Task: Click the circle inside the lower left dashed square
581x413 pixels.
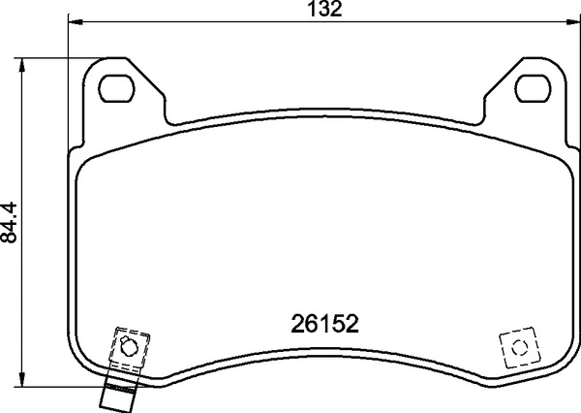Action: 127,346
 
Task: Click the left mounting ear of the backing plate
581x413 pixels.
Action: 116,87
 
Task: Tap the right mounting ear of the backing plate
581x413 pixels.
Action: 532,87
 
